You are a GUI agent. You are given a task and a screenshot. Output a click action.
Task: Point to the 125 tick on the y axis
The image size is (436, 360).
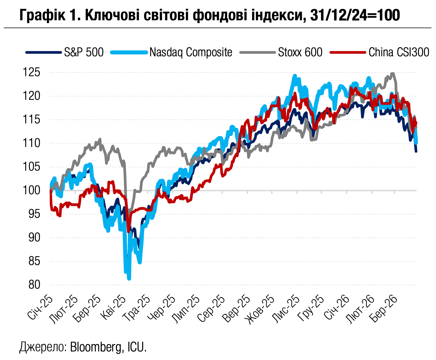(31, 73)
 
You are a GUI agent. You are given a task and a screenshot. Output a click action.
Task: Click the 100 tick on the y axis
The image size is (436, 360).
(31, 190)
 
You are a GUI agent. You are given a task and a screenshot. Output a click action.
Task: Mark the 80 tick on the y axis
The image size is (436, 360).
(34, 285)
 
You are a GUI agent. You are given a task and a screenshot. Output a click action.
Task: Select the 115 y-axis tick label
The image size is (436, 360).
(31, 120)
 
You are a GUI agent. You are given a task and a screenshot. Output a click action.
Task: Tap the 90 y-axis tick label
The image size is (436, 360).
(34, 237)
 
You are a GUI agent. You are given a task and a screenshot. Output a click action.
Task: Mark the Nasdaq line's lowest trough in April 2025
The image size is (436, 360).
(129, 279)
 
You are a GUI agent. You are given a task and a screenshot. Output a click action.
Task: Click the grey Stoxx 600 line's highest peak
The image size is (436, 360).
(393, 73)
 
